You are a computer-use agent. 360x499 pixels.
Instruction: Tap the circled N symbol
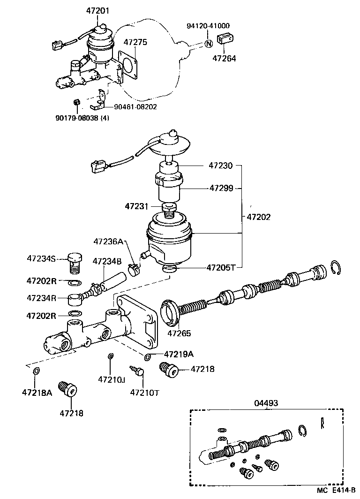tap(209, 44)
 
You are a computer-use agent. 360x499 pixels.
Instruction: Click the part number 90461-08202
tap(135, 106)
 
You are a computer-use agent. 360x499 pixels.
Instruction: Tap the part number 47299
tap(221, 188)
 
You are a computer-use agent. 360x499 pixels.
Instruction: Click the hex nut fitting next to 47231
tap(168, 207)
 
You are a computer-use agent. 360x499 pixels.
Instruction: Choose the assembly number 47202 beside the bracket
tap(259, 217)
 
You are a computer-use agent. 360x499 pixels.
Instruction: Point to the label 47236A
tap(108, 242)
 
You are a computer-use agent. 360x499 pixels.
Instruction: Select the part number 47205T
tap(221, 268)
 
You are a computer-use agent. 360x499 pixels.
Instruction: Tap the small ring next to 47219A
tap(148, 358)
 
